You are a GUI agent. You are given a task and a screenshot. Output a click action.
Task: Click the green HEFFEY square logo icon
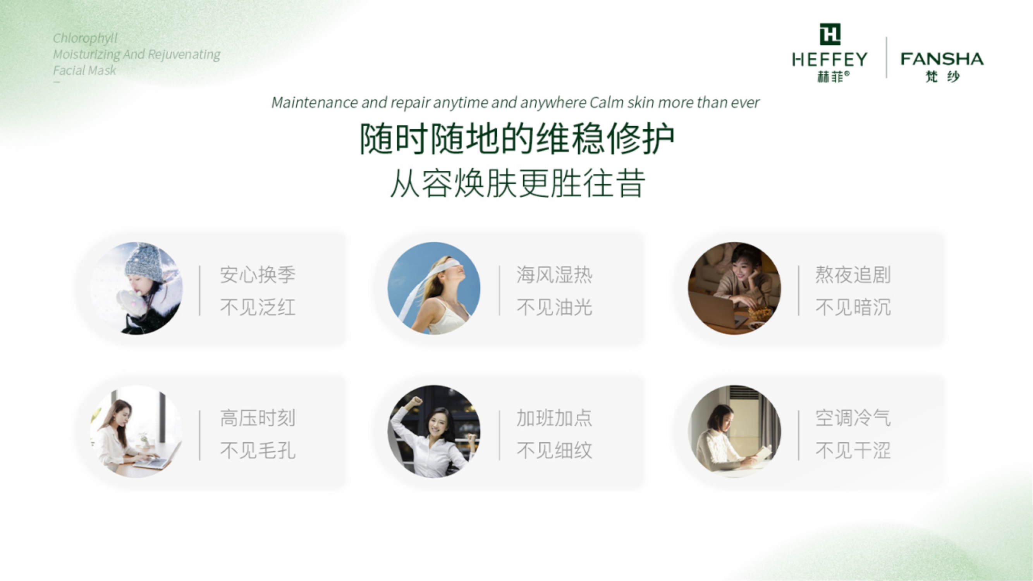(830, 34)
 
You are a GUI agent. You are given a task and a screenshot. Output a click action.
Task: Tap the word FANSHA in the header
(942, 59)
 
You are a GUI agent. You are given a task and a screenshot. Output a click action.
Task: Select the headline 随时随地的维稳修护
(517, 139)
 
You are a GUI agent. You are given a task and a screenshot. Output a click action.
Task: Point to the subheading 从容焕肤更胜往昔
(518, 183)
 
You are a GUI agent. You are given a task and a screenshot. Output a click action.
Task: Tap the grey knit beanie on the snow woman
(144, 262)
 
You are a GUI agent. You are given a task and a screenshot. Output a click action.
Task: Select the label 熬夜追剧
(853, 275)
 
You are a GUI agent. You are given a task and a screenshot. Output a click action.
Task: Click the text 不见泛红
(258, 308)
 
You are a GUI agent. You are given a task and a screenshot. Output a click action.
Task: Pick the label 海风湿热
(555, 275)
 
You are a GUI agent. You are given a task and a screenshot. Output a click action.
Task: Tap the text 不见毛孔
(258, 451)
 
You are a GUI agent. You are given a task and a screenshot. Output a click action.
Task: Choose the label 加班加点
(555, 418)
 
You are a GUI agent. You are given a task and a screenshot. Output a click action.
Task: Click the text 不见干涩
(853, 451)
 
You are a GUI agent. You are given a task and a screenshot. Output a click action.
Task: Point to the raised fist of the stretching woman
(417, 401)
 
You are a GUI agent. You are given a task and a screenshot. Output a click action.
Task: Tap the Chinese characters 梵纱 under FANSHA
(942, 76)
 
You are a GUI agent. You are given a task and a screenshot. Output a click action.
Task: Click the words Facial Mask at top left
(84, 70)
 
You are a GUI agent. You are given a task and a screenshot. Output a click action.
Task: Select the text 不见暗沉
(853, 308)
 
